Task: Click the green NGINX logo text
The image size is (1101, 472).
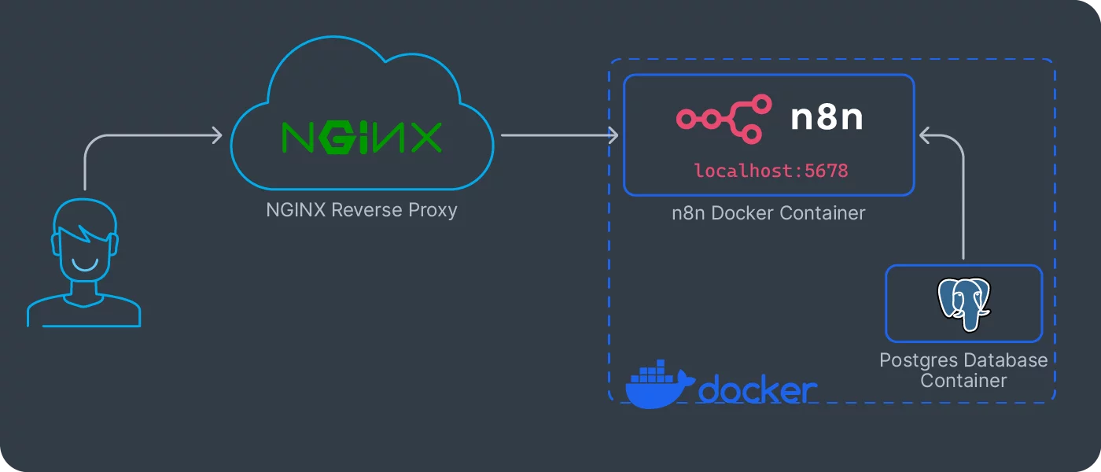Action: tap(362, 137)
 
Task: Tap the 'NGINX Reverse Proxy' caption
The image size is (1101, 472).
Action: tap(362, 210)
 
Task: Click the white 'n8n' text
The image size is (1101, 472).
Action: tap(827, 118)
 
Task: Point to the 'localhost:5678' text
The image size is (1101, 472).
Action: tap(771, 170)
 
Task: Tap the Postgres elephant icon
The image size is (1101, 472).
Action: tap(963, 304)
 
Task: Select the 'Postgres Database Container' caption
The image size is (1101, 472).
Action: tap(963, 371)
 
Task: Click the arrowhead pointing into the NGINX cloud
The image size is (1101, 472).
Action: tap(218, 136)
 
